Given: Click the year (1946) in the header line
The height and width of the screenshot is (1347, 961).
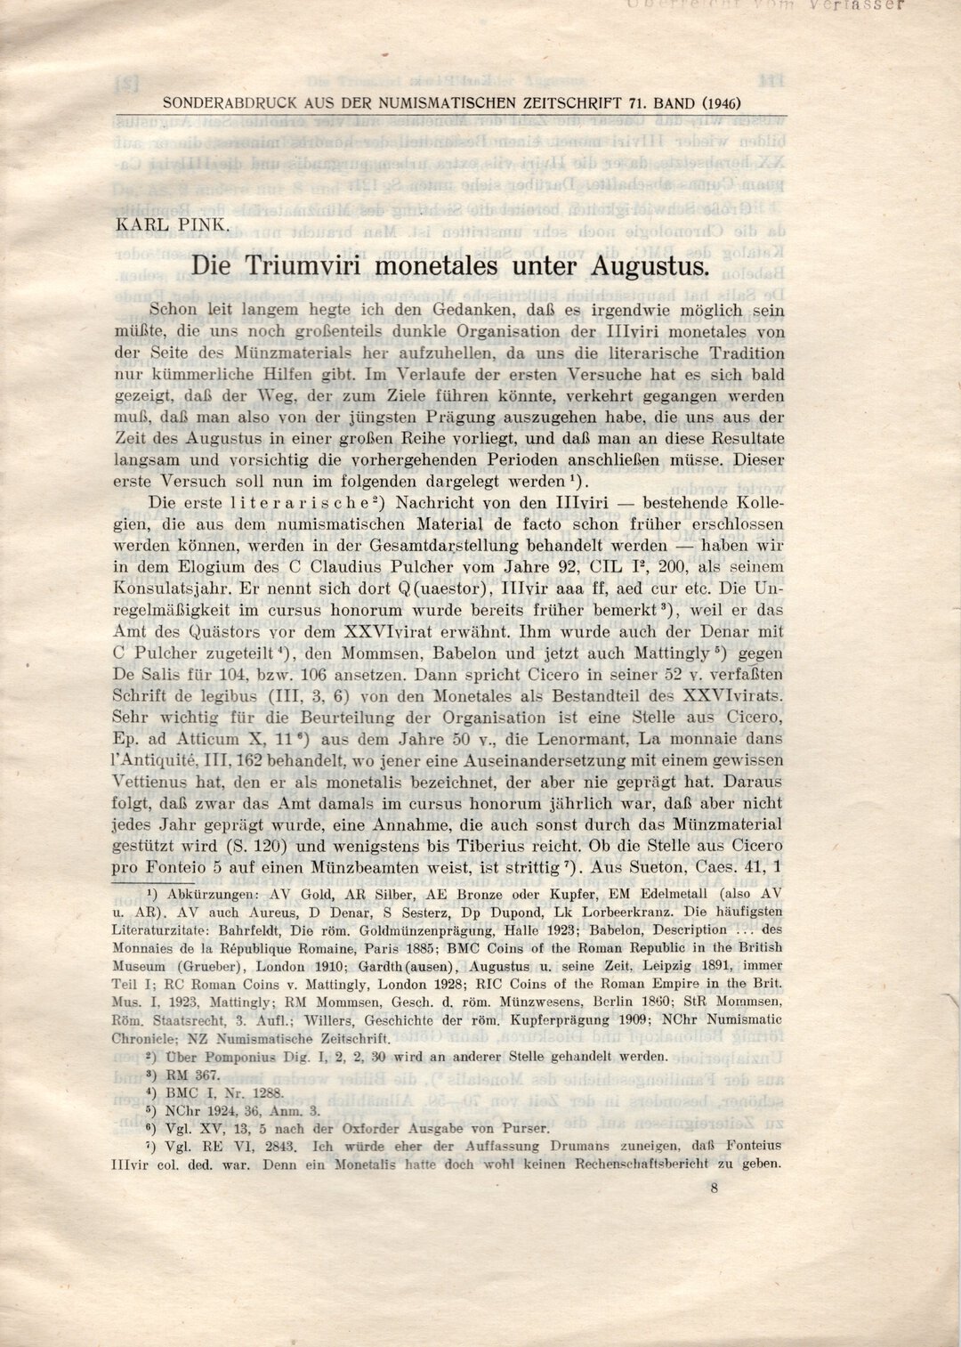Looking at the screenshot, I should point(722,103).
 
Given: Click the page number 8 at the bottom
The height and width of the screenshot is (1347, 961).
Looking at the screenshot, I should point(714,1187).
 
